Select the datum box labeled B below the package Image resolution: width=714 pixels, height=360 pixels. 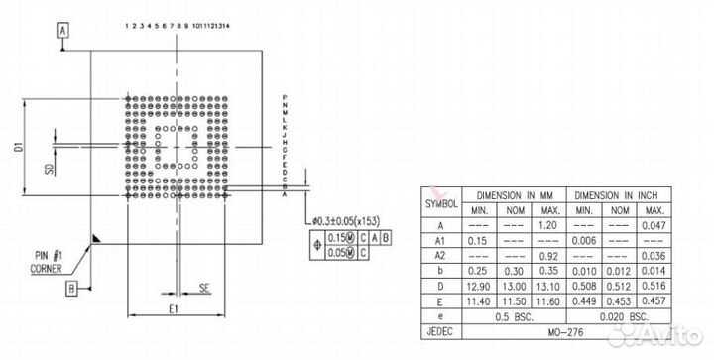click(x=72, y=289)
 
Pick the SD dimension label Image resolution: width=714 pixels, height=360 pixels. click(x=49, y=170)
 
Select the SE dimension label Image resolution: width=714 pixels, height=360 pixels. click(x=205, y=289)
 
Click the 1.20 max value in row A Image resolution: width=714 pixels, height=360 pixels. click(x=547, y=225)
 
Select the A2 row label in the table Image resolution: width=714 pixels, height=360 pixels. click(x=441, y=255)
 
